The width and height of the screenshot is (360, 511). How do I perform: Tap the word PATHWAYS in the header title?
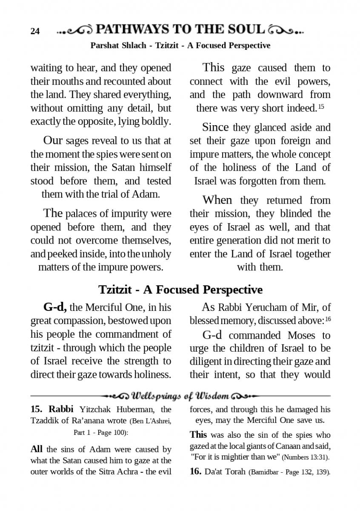click(132, 29)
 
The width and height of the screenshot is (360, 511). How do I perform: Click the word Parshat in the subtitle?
click(104, 45)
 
